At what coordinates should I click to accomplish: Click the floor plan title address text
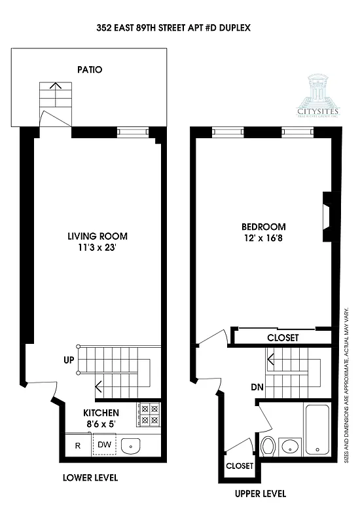(177, 28)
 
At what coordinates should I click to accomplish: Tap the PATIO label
(90, 69)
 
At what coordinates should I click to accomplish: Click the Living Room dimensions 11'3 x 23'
(98, 248)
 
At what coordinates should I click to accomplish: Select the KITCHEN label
(101, 413)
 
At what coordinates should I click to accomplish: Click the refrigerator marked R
(77, 446)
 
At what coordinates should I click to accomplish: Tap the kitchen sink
(132, 447)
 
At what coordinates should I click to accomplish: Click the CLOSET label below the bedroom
(283, 338)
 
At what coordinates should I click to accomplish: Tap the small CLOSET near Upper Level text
(239, 466)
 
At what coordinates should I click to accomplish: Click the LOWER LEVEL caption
(90, 478)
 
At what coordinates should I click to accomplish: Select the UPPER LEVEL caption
(260, 493)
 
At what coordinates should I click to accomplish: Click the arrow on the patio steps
(56, 85)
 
